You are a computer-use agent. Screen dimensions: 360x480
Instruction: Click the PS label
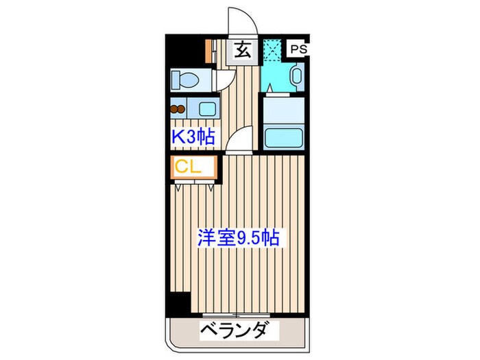click(298, 49)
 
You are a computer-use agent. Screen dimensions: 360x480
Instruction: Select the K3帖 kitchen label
click(193, 136)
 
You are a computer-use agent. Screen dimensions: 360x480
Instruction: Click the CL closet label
click(187, 167)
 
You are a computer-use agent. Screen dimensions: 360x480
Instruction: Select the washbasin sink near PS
click(296, 76)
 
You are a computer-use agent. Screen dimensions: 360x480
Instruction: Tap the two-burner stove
click(178, 107)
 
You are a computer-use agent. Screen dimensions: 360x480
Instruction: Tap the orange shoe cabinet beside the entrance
click(208, 49)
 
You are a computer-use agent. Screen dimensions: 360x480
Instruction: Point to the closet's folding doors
click(195, 182)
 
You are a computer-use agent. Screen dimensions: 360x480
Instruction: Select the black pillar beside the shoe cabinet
click(184, 48)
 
